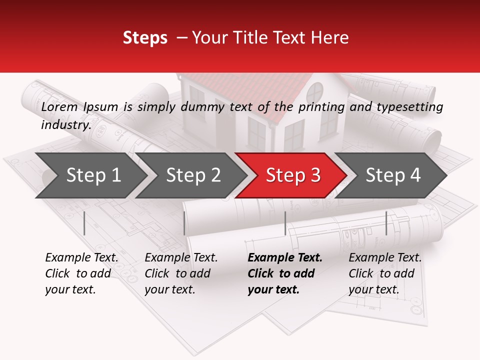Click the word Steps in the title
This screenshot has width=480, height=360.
coord(145,38)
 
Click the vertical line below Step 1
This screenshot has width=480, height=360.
coord(84,223)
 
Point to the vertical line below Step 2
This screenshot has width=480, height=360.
coord(184,223)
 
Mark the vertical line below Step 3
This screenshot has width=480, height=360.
coord(285,223)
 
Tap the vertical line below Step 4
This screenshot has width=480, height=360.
coord(386,223)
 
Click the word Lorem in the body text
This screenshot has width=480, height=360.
coord(59,106)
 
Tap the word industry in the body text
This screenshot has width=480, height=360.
coord(65,124)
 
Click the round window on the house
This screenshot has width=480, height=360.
coord(315,93)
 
